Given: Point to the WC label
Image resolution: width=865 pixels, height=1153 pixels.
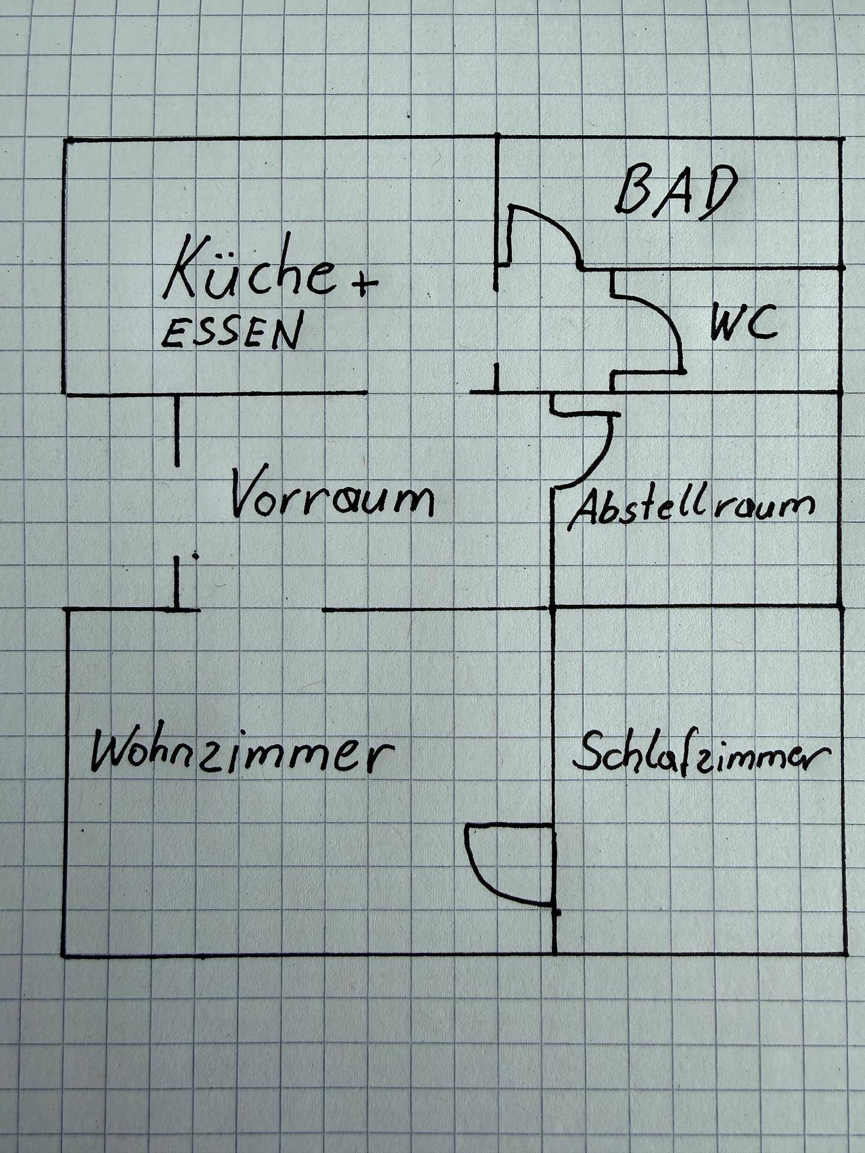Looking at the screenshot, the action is [x=744, y=324].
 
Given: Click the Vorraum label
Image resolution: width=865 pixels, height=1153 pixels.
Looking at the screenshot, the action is [x=332, y=493].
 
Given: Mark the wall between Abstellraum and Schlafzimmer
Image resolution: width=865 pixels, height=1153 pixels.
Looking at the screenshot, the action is [x=697, y=607].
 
